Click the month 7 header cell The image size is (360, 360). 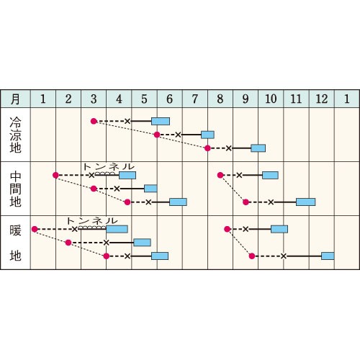pyautogui.click(x=195, y=99)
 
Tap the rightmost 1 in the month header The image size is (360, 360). pyautogui.click(x=346, y=99)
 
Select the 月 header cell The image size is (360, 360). pyautogui.click(x=15, y=99)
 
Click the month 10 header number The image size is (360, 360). pyautogui.click(x=271, y=99)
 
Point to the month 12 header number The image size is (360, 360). pyautogui.click(x=322, y=99)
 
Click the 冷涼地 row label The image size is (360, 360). pyautogui.click(x=15, y=135)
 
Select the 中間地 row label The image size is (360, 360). pyautogui.click(x=15, y=189)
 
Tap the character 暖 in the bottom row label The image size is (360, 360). pyautogui.click(x=15, y=230)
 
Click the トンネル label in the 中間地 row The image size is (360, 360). pyautogui.click(x=109, y=166)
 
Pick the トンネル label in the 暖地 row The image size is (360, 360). pyautogui.click(x=92, y=220)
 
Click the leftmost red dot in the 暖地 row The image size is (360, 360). pyautogui.click(x=35, y=229)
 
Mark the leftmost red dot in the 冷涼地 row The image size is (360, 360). pyautogui.click(x=94, y=121)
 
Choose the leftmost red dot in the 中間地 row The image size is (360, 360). pyautogui.click(x=55, y=175)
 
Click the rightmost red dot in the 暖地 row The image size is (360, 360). pyautogui.click(x=252, y=256)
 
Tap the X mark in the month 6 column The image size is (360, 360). pyautogui.click(x=178, y=135)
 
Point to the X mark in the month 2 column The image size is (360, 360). pyautogui.click(x=75, y=229)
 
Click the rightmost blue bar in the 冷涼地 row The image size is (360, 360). pyautogui.click(x=258, y=148)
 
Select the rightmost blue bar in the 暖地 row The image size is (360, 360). pyautogui.click(x=328, y=256)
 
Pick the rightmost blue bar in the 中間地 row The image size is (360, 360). pyautogui.click(x=305, y=202)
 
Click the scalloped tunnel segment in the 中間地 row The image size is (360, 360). pyautogui.click(x=105, y=174)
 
